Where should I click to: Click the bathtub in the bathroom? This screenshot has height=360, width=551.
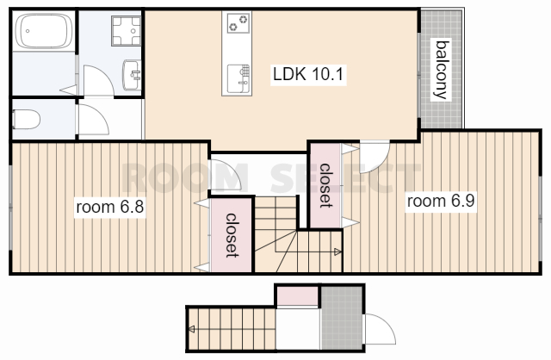[44, 31]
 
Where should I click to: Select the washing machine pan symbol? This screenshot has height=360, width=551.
[127, 31]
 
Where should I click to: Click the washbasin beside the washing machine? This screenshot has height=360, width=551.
[132, 75]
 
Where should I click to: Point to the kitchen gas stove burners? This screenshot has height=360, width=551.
[238, 23]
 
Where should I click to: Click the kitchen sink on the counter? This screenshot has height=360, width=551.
[238, 79]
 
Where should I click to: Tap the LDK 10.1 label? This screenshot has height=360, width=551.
[308, 74]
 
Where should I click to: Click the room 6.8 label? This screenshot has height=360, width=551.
[110, 207]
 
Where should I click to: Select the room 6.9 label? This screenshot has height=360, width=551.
[441, 201]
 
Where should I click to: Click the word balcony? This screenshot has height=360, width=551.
[442, 70]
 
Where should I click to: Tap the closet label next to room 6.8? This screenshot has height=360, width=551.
[232, 235]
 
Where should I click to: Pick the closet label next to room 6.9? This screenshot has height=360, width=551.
[325, 185]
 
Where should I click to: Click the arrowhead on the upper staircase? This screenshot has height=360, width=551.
[337, 251]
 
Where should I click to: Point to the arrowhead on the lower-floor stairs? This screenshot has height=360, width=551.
[191, 329]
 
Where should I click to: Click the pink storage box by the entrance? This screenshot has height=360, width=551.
[298, 296]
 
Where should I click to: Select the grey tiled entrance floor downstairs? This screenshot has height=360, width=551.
[342, 318]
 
